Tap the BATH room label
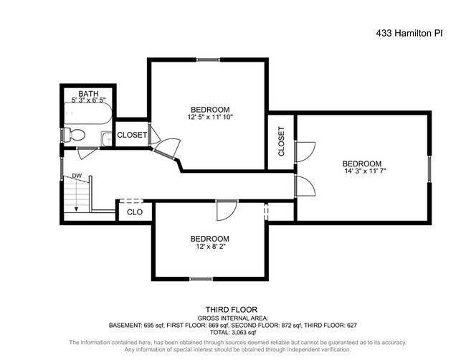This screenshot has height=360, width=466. point(88,93)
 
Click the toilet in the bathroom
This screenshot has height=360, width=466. point(75,134)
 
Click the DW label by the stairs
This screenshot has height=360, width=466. point(76,176)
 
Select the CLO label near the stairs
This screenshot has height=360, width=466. point(134,212)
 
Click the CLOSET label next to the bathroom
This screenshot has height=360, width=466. point(132,135)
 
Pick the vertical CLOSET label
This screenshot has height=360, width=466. point(282,142)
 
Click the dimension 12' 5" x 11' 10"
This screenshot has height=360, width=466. point(210,117)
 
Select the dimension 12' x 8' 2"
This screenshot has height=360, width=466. point(209,247)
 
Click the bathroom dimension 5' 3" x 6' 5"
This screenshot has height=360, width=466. point(88,100)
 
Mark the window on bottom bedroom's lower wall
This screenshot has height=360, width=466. point(201,279)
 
